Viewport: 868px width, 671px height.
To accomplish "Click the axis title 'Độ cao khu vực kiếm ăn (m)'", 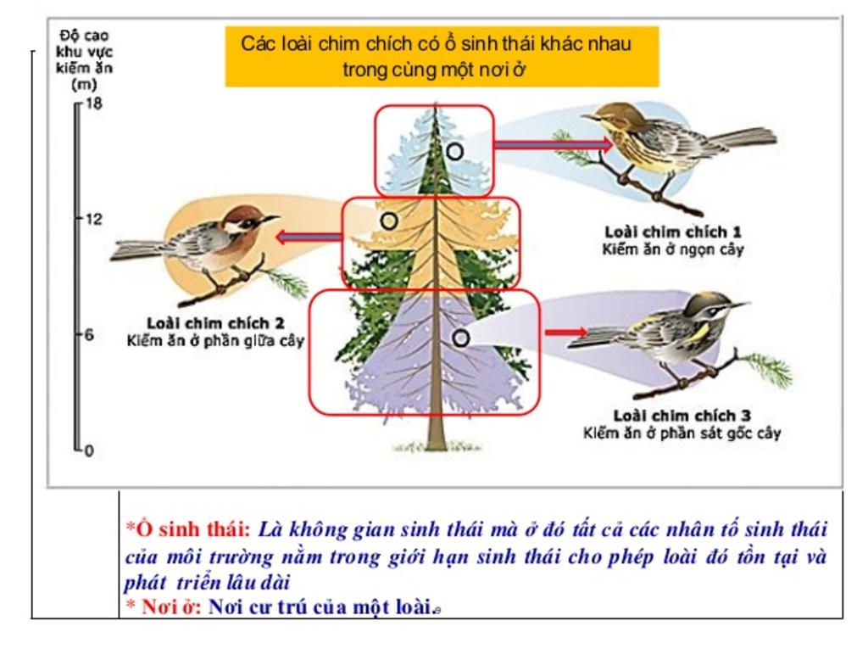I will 84,59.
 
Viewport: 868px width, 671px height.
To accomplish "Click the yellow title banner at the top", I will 441,56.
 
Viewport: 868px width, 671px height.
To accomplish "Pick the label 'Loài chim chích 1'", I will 673,231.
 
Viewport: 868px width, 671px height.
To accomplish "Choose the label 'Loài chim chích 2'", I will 215,322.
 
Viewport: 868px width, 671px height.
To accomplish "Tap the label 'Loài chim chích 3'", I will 682,415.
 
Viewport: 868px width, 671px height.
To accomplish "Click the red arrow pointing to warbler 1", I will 551,145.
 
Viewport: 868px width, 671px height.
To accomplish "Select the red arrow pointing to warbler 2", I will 309,238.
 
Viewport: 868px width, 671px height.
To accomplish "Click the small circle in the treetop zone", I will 455,152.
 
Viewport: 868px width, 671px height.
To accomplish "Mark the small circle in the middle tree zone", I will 388,221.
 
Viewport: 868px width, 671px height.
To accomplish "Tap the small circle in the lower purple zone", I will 460,338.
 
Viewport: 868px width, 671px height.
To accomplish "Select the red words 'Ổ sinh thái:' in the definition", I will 188,529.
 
